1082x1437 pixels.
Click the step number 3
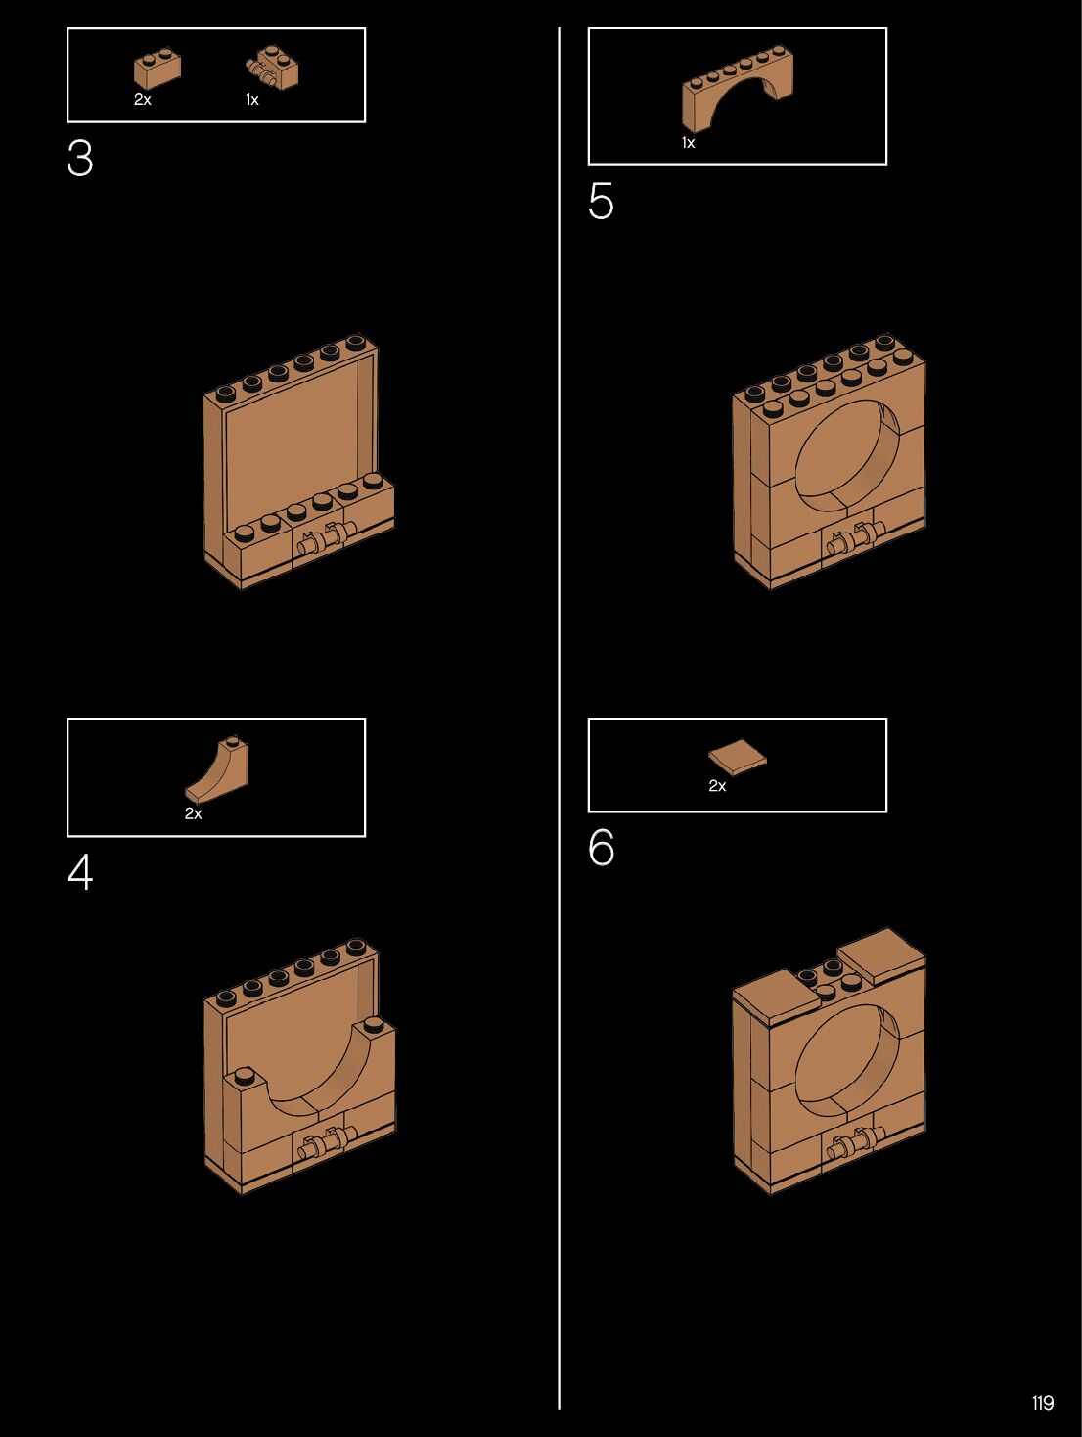80,159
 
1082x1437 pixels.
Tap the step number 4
80,872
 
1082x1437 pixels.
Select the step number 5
601,202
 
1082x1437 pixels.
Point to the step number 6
602,848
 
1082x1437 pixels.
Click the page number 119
1043,1403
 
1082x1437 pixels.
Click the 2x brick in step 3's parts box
157,70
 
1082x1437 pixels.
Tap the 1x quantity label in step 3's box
251,100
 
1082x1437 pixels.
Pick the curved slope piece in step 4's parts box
219,771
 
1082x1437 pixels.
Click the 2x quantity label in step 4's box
193,813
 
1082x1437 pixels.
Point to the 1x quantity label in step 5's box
688,143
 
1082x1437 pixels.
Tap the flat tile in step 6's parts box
737,758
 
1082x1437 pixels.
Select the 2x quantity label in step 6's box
717,786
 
